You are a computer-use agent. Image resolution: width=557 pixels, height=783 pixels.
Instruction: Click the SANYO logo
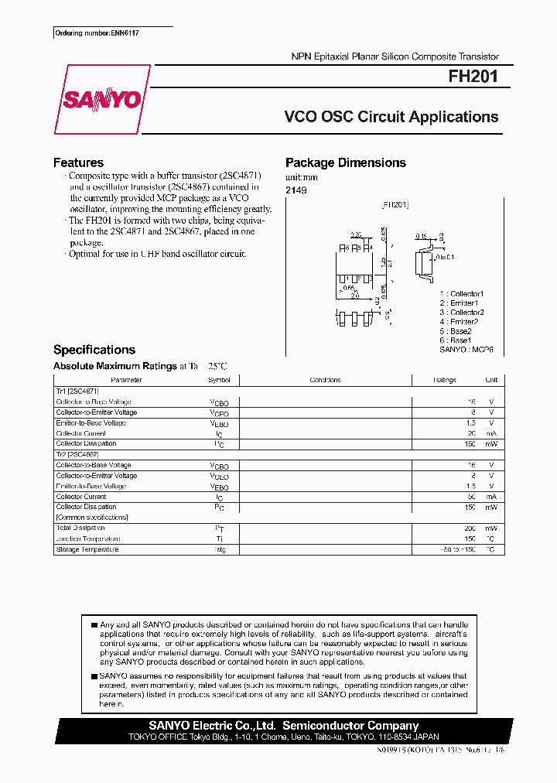click(x=101, y=100)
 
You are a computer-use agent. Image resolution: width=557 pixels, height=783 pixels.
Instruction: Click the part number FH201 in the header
click(x=473, y=77)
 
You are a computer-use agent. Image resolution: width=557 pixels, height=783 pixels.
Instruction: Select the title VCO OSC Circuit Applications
click(x=391, y=117)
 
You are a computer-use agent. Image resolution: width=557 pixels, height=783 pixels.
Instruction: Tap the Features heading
click(x=78, y=162)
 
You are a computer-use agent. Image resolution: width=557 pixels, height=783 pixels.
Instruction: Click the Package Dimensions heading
click(x=345, y=162)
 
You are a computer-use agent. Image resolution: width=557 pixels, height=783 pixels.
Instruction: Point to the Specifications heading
click(x=94, y=350)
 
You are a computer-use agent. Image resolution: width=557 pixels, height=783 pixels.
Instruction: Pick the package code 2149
click(x=296, y=190)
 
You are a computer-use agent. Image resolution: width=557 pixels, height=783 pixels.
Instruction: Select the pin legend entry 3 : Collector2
click(x=462, y=313)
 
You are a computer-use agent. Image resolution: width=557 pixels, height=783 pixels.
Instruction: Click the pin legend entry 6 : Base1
click(x=456, y=340)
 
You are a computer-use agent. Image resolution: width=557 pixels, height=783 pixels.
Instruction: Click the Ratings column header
click(x=445, y=380)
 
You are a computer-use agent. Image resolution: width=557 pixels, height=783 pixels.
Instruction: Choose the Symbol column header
click(x=219, y=380)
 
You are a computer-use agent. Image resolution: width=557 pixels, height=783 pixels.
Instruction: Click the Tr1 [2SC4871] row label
click(x=77, y=391)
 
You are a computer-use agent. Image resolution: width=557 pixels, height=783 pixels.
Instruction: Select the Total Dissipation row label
click(x=80, y=528)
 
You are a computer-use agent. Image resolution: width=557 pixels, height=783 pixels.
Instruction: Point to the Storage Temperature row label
click(x=87, y=549)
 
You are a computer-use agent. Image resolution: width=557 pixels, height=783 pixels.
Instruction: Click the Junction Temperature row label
click(x=88, y=539)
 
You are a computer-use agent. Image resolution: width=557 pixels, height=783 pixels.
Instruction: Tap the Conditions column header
click(x=325, y=380)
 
